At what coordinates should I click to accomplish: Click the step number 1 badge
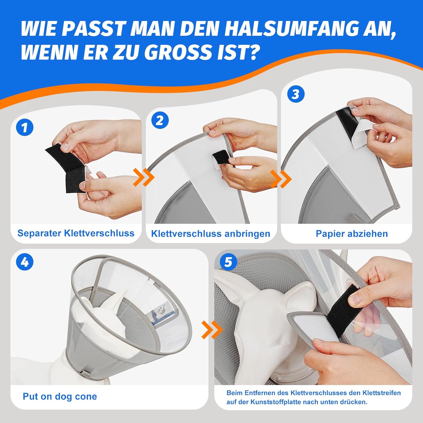pos(25,127)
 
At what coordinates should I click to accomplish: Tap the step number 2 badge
pos(160,120)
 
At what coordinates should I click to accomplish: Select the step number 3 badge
pos(296,94)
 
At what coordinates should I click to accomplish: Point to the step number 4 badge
pos(25,262)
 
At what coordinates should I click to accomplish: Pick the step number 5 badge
pos(228,262)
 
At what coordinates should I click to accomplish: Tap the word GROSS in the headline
pos(179,52)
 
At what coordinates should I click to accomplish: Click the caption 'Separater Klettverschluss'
pos(76,233)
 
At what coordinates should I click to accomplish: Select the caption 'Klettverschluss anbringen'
pos(211,234)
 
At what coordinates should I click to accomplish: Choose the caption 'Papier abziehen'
pos(352,234)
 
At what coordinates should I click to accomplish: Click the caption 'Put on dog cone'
pos(60,396)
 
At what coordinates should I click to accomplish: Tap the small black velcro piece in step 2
pos(221,158)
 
